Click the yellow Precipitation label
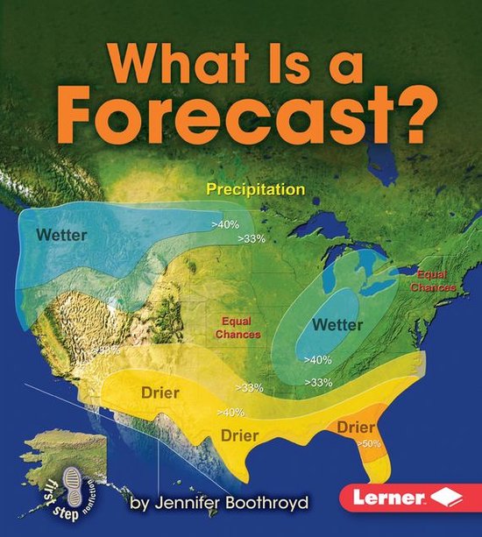[x=255, y=188]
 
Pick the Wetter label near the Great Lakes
[x=337, y=324]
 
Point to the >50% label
[x=368, y=445]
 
